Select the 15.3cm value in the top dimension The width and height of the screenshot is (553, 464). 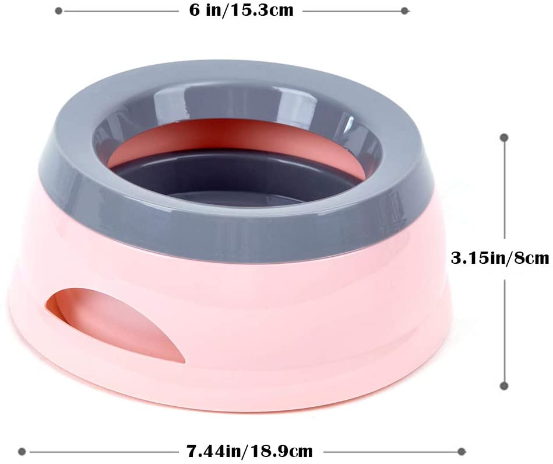tap(262, 11)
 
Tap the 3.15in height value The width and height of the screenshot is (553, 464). tap(477, 258)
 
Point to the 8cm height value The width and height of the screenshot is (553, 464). tap(531, 258)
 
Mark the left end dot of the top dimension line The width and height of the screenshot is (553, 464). tap(59, 11)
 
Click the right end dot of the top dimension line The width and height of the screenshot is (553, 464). tap(406, 11)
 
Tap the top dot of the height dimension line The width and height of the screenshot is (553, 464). tap(504, 138)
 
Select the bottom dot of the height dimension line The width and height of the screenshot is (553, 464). tap(504, 385)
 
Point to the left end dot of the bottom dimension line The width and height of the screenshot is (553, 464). tap(23, 451)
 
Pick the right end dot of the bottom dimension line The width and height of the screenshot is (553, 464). tap(462, 451)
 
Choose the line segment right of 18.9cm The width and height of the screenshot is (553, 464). tap(390, 451)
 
